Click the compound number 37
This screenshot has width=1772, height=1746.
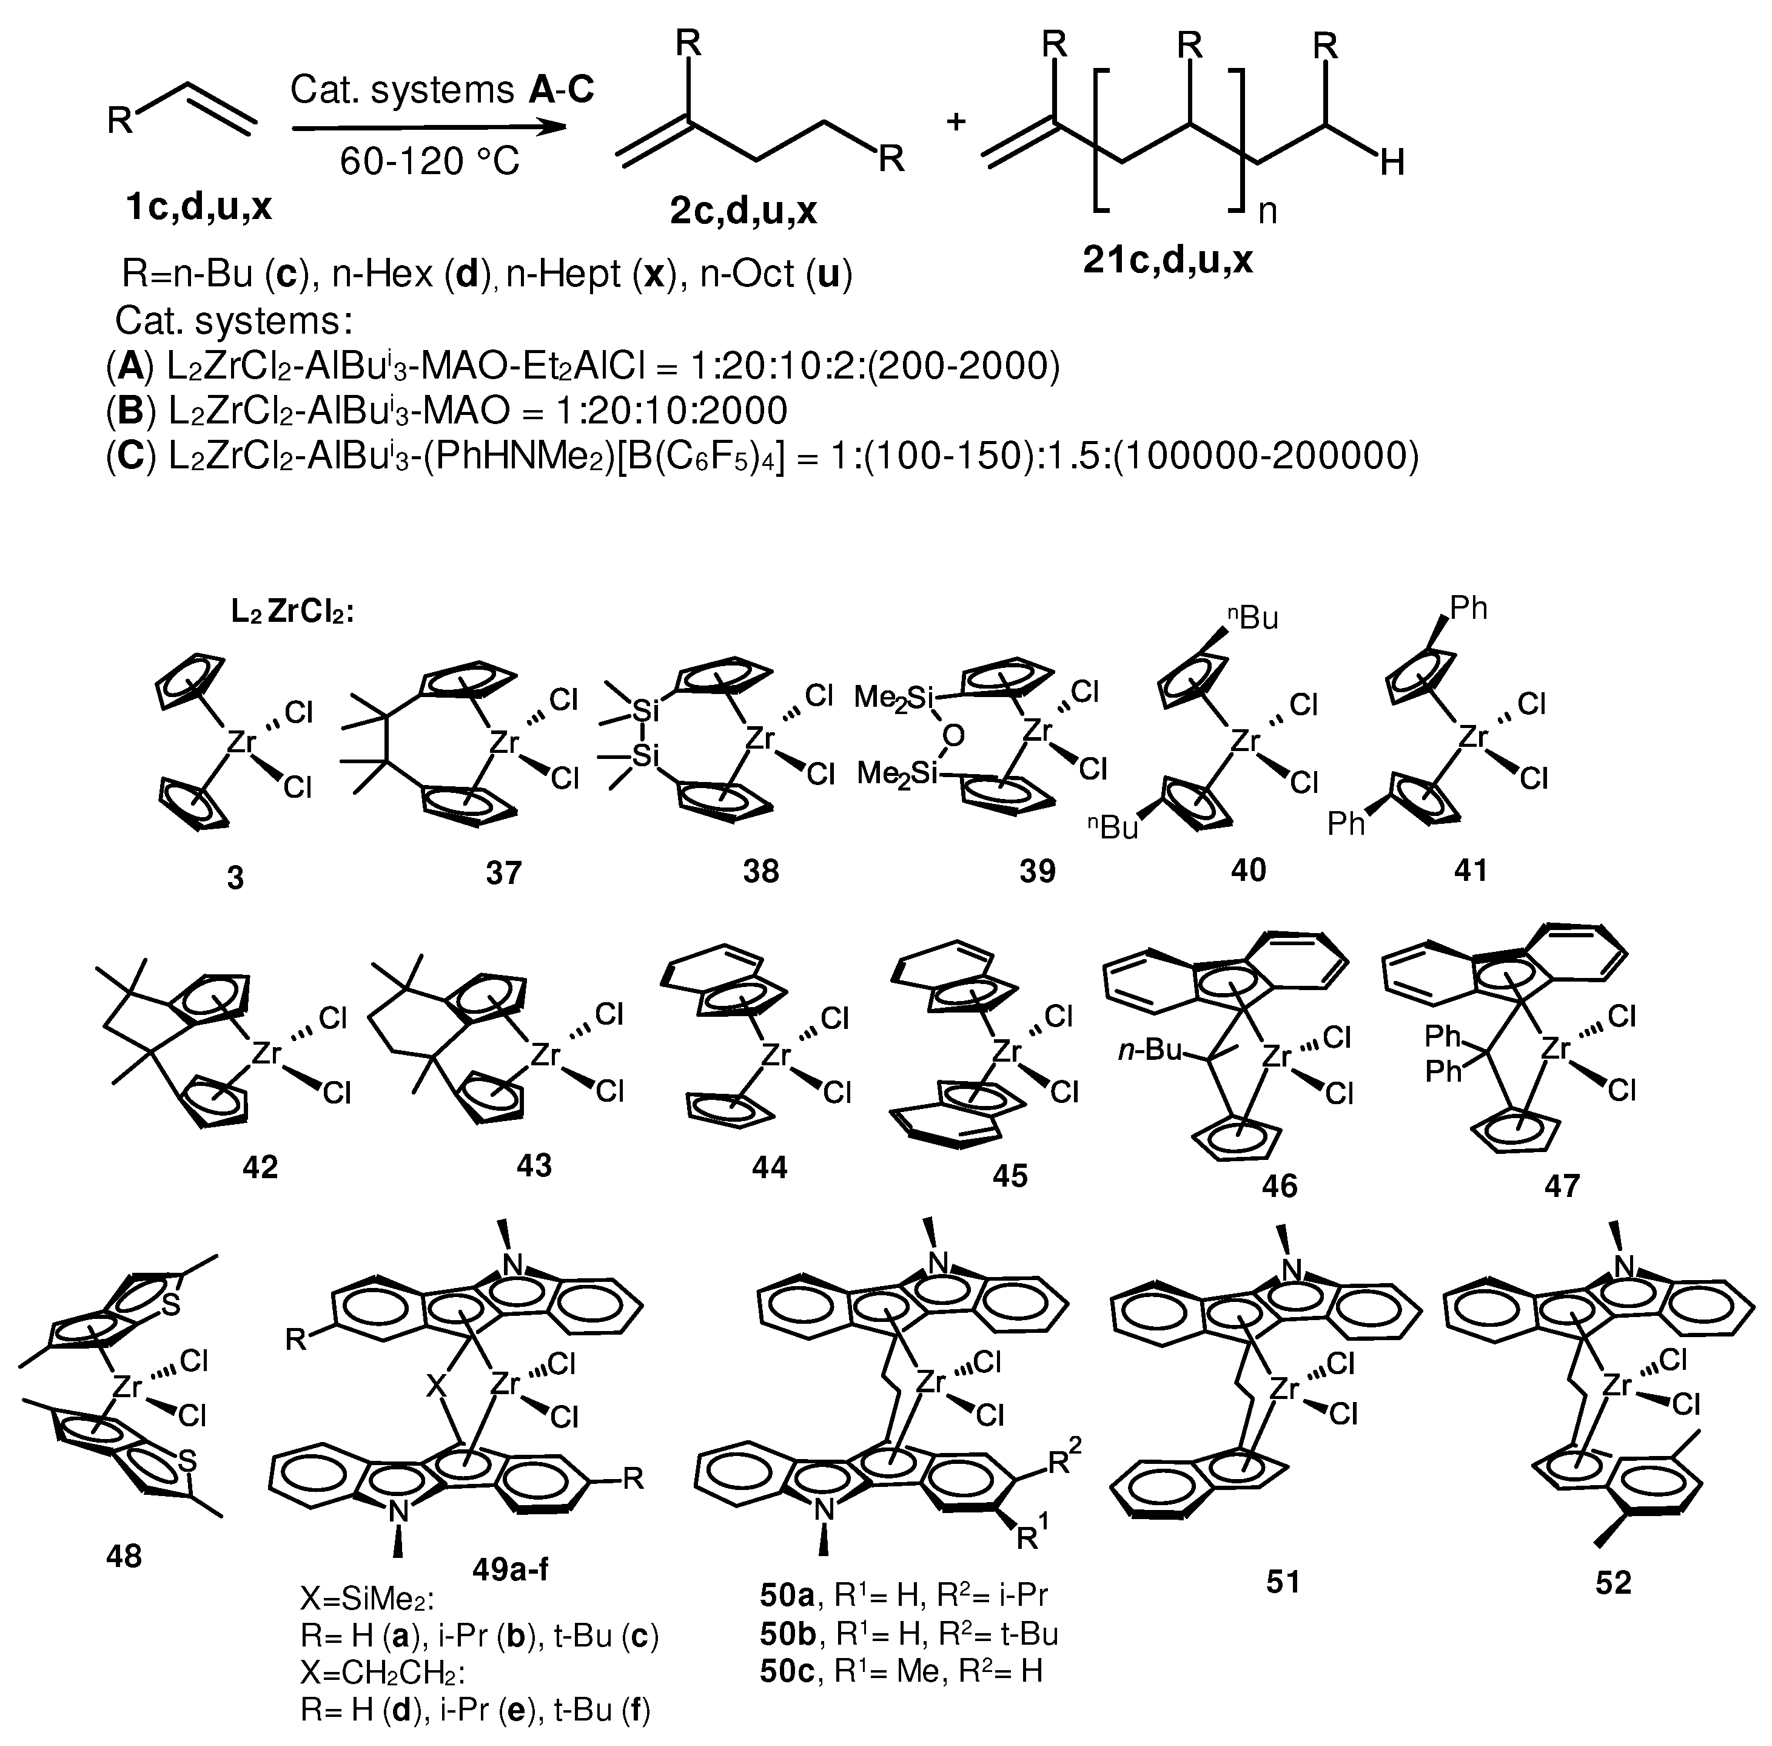(503, 872)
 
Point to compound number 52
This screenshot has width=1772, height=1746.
(1613, 1582)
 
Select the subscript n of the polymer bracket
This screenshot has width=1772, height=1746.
(1266, 212)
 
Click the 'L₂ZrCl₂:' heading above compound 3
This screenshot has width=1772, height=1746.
(292, 613)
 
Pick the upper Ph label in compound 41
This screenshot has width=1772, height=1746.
(1467, 608)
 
